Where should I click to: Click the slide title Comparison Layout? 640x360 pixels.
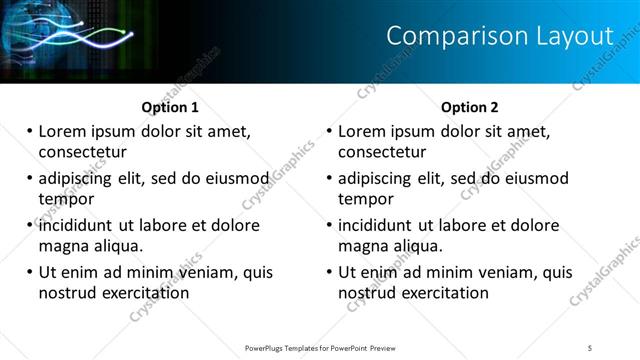point(499,36)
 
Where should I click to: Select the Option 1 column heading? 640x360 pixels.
point(170,107)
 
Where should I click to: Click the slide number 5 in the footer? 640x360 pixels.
point(590,348)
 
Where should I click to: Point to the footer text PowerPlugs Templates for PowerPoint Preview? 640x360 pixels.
point(320,348)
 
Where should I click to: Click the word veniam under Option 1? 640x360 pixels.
point(205,272)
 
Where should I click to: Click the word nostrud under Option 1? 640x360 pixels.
point(65,293)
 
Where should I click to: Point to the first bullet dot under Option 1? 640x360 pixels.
point(30,131)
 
